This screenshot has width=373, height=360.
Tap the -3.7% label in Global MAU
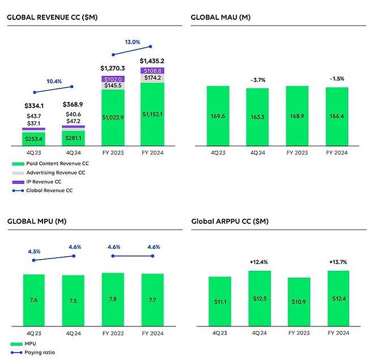(x=257, y=81)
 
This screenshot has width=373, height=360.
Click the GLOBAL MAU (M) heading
(x=221, y=17)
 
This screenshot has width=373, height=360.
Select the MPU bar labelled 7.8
(x=113, y=299)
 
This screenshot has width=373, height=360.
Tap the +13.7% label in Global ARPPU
(x=338, y=261)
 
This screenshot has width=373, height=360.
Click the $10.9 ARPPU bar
(x=299, y=302)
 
